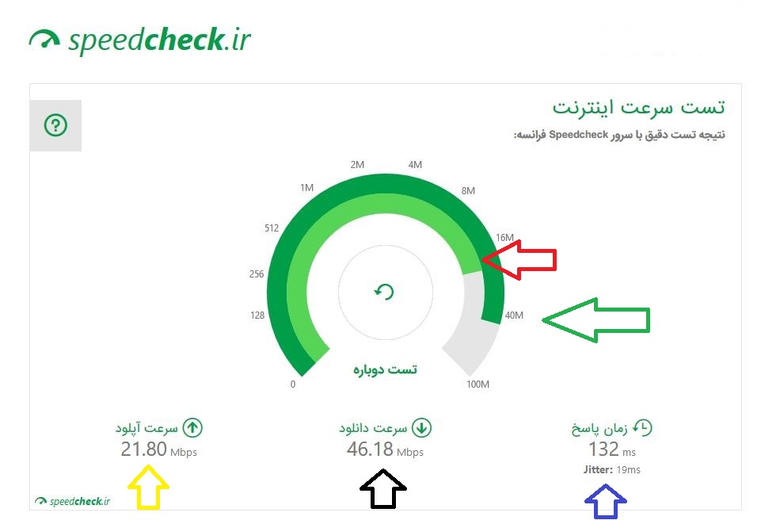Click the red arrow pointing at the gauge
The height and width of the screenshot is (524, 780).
click(519, 259)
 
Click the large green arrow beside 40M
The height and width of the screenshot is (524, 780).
click(596, 320)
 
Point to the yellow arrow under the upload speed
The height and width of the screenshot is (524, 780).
click(148, 488)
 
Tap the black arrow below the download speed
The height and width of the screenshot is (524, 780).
click(383, 488)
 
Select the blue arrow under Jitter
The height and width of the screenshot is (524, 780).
click(606, 501)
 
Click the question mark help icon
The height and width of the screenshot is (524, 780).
click(55, 125)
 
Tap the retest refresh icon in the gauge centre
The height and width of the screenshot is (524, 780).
click(385, 292)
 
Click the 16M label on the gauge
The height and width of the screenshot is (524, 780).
click(504, 238)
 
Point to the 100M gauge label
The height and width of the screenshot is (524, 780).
click(478, 384)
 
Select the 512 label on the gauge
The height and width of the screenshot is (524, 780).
click(272, 228)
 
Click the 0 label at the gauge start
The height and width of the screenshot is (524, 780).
click(293, 384)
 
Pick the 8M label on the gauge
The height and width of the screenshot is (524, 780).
click(468, 191)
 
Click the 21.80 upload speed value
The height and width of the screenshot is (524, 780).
click(144, 449)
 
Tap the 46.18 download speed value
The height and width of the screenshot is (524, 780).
click(370, 449)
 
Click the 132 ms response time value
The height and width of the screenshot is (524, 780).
click(612, 449)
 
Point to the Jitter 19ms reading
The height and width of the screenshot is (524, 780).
click(612, 470)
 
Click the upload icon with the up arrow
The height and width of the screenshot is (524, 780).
click(192, 428)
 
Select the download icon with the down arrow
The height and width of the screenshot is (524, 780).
click(422, 428)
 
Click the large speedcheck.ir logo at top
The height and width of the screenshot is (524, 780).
click(140, 40)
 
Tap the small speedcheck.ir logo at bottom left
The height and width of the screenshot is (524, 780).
click(73, 501)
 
